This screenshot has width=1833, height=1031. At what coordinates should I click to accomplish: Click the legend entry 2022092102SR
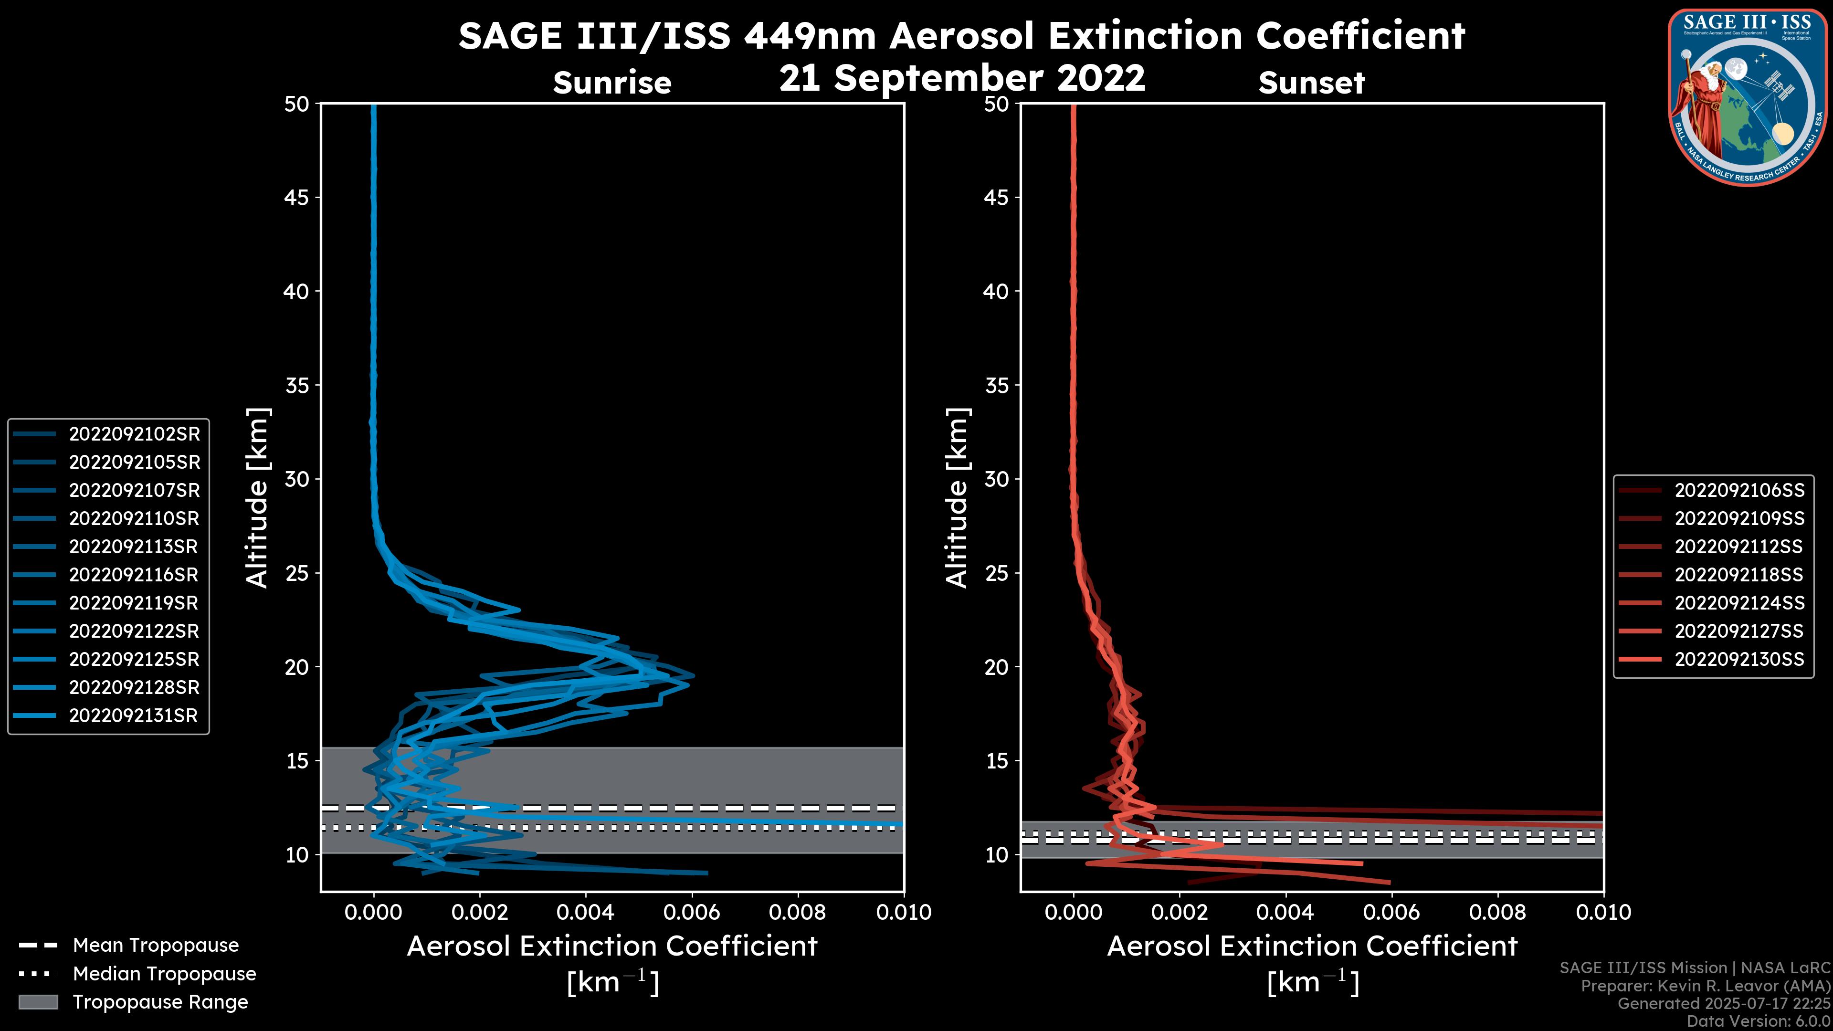134,434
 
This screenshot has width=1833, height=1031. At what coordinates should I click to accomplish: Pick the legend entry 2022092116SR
134,575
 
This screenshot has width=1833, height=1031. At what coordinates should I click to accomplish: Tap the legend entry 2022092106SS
1739,490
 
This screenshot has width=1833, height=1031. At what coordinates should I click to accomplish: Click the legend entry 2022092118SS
1739,575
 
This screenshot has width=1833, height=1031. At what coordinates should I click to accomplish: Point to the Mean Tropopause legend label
156,946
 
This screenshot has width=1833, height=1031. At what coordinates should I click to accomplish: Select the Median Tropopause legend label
164,973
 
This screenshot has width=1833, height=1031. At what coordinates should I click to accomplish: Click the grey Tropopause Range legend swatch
38,1002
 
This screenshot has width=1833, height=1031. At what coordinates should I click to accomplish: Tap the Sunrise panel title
612,83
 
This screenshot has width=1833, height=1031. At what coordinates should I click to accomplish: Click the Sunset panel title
1311,83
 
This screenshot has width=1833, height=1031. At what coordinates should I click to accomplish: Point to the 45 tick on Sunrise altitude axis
297,198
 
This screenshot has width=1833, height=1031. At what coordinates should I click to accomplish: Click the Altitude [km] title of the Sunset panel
957,498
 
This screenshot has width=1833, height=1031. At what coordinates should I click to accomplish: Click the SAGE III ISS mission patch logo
1748,97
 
